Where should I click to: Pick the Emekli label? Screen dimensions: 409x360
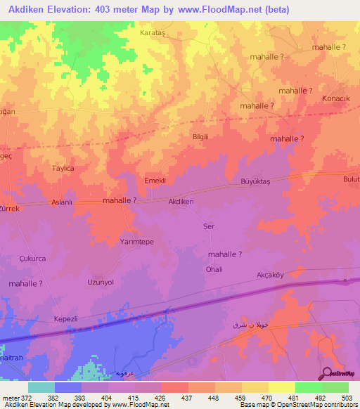pyautogui.click(x=155, y=181)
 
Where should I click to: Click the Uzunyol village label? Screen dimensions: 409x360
pyautogui.click(x=100, y=282)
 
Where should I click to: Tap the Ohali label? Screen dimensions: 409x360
pyautogui.click(x=214, y=269)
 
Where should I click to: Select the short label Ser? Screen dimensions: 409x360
pyautogui.click(x=208, y=226)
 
